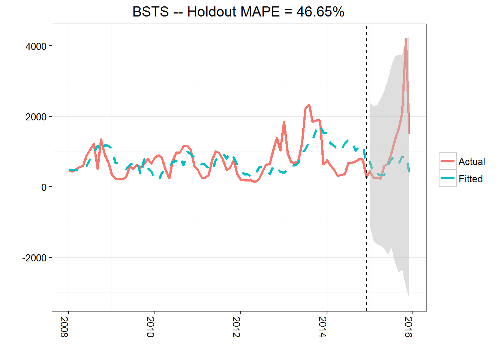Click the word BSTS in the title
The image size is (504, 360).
151,12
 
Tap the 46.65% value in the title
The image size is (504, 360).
320,12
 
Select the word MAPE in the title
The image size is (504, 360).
260,12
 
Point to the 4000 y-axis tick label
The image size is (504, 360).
36,46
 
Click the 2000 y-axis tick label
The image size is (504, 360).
36,117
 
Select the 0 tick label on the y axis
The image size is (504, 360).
44,187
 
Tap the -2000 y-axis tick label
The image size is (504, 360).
34,258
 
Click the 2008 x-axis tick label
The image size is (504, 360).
64,327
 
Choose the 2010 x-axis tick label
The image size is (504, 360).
150,327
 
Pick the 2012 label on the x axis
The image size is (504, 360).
236,327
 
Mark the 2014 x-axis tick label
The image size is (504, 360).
322,327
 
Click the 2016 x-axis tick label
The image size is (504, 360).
408,327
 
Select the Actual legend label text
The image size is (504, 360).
472,162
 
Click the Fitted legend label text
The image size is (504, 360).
471,179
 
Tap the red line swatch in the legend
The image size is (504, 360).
448,161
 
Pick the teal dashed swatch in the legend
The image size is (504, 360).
448,178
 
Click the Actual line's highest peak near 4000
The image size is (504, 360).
406,39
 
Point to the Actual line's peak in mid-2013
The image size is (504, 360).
309,105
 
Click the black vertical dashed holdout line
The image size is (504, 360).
366,225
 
